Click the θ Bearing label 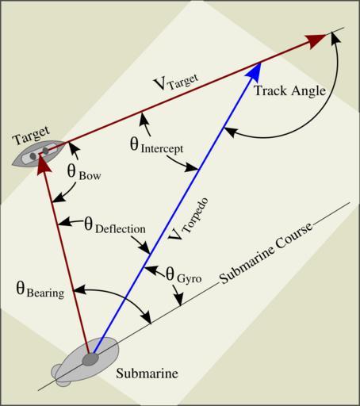pos(40,290)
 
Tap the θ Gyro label pos(184,275)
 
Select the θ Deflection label pos(115,226)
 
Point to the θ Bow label pos(84,173)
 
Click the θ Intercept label pos(156,146)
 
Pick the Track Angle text pos(289,91)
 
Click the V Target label pos(176,82)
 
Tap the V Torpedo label pos(188,219)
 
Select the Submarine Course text pos(266,254)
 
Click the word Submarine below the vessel pos(147,373)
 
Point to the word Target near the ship pos(32,136)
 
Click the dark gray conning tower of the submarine pos(90,359)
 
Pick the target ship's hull pos(38,153)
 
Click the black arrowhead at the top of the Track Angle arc pos(335,38)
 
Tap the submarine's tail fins pos(61,375)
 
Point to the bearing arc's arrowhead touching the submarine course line pos(147,317)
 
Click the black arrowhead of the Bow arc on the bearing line pos(59,197)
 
